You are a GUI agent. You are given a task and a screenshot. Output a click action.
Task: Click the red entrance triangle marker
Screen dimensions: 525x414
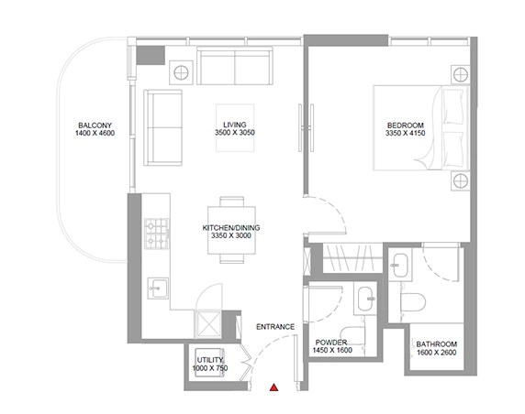click(274, 387)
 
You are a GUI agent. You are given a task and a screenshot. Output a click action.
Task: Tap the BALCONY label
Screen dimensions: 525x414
click(95, 125)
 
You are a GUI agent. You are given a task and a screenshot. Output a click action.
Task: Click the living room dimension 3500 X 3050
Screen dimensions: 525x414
click(235, 132)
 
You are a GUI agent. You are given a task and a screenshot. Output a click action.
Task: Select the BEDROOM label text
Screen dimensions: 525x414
click(405, 125)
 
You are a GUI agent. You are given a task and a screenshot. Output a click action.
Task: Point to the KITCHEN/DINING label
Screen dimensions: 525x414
click(231, 227)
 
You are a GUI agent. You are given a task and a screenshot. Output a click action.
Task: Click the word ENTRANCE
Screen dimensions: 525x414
click(275, 327)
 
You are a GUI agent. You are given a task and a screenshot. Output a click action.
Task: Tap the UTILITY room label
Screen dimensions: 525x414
click(210, 360)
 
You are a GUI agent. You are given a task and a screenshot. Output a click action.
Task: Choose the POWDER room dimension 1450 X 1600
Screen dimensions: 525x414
click(332, 350)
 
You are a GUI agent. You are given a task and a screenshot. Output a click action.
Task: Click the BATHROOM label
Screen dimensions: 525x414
click(436, 343)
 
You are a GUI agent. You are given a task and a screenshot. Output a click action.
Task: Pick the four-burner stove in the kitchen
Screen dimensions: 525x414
click(157, 234)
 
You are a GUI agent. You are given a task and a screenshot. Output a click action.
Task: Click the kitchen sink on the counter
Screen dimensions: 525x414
click(158, 288)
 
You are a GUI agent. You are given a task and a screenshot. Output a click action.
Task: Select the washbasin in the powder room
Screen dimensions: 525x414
click(365, 298)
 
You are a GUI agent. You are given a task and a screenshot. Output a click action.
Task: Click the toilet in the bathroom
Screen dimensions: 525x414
click(413, 302)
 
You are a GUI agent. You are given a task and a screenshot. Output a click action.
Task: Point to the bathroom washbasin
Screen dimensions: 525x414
click(400, 266)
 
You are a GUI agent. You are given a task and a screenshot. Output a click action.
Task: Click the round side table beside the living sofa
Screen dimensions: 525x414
click(181, 72)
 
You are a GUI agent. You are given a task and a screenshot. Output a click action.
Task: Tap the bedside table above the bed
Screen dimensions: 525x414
click(461, 74)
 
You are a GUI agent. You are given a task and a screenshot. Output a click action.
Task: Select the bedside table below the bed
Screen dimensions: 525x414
click(461, 181)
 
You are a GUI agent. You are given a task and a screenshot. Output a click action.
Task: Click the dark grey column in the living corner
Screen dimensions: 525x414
click(151, 55)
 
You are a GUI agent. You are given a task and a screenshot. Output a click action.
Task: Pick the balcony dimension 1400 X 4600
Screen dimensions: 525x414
click(95, 133)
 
